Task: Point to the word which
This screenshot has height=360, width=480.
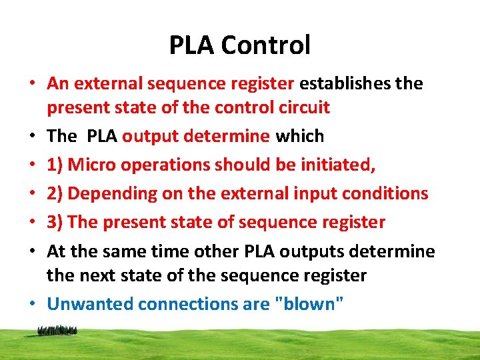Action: click(x=299, y=137)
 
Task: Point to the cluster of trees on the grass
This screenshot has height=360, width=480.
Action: click(x=57, y=330)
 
